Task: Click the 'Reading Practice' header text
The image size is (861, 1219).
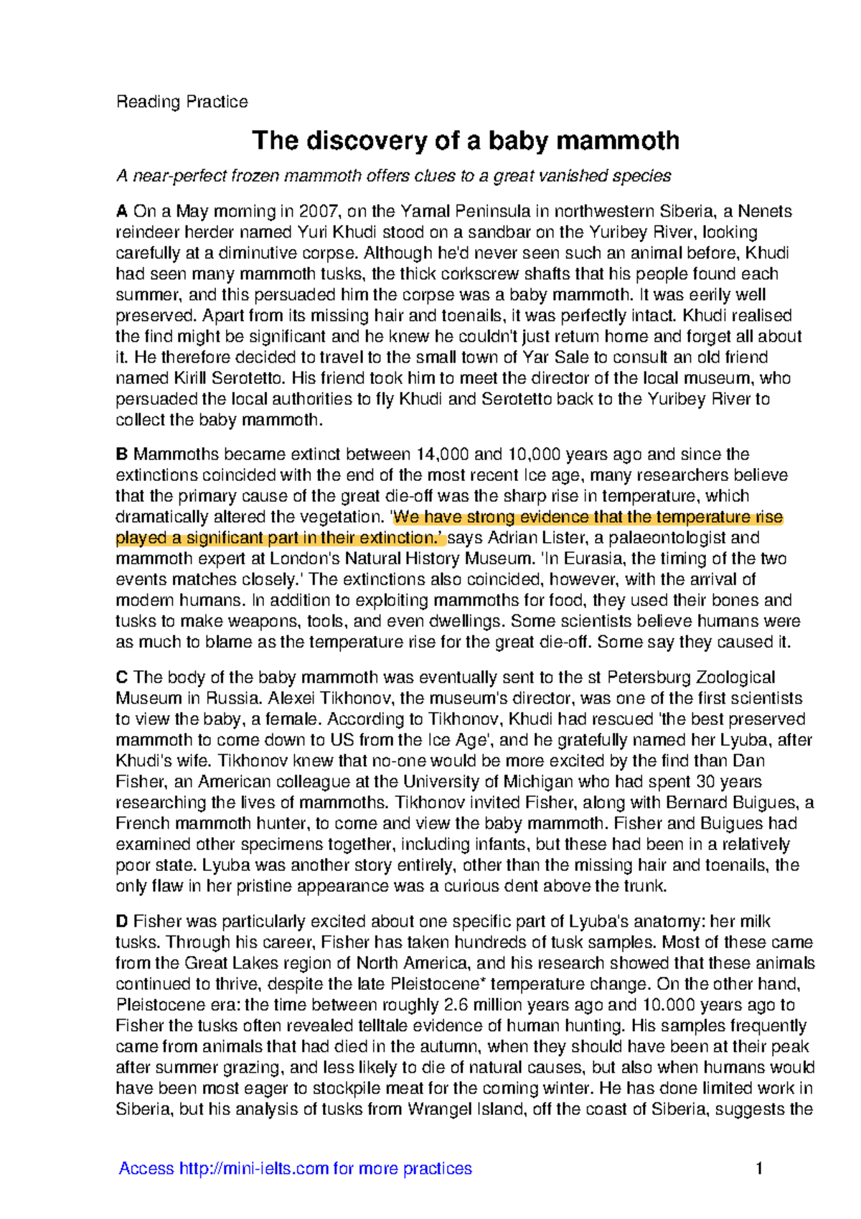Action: coord(182,101)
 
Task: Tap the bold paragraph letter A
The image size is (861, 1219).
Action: coord(122,211)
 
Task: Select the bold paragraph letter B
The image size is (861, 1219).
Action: coord(122,454)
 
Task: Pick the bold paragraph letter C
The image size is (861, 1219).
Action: coord(122,677)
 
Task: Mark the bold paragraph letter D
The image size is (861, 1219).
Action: coord(122,921)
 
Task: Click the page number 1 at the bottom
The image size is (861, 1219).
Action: coord(759,1169)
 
